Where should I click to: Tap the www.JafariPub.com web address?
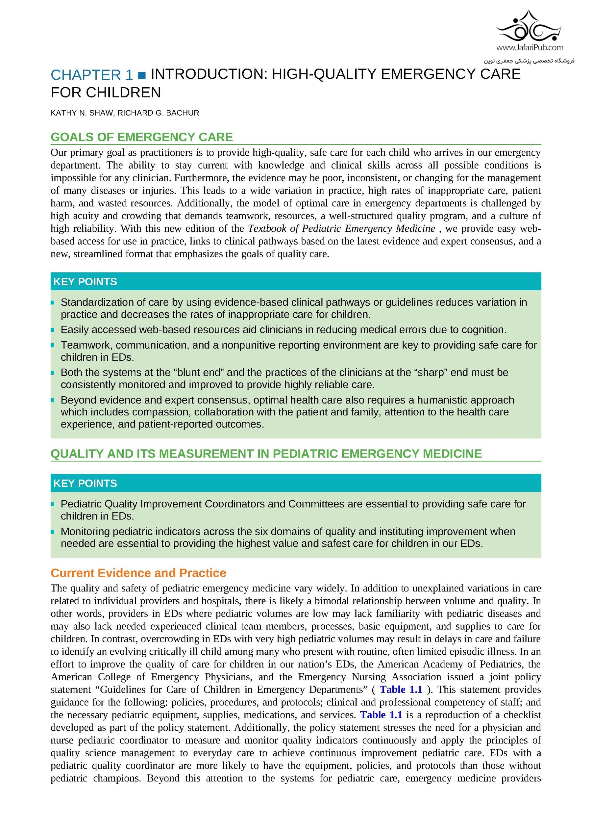pyautogui.click(x=529, y=47)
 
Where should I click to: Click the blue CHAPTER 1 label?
pyautogui.click(x=92, y=75)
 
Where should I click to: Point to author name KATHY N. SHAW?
pyautogui.click(x=82, y=113)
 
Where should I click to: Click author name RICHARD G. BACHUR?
pyautogui.click(x=158, y=113)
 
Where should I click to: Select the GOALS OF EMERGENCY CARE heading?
pyautogui.click(x=141, y=137)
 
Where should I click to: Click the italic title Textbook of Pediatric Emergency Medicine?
pyautogui.click(x=341, y=228)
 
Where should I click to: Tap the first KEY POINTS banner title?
pyautogui.click(x=85, y=282)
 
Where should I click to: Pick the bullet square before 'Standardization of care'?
pyautogui.click(x=53, y=302)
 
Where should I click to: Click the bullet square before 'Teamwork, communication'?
pyautogui.click(x=53, y=345)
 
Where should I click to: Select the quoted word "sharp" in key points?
pyautogui.click(x=431, y=373)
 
